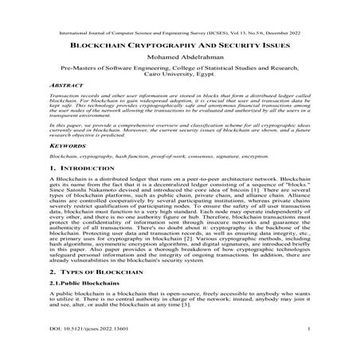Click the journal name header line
(180, 36)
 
